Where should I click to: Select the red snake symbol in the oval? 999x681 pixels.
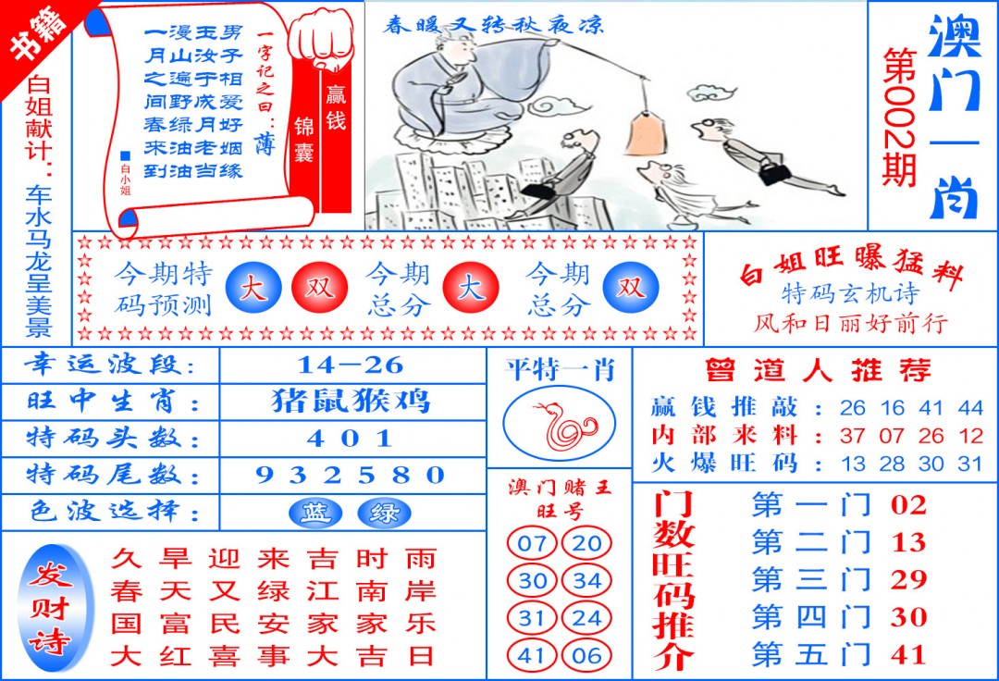pyautogui.click(x=559, y=426)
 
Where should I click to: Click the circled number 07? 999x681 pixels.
pyautogui.click(x=532, y=543)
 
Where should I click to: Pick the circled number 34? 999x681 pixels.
pyautogui.click(x=586, y=581)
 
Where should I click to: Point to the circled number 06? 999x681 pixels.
pyautogui.click(x=586, y=656)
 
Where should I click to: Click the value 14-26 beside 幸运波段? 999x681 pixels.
pyautogui.click(x=351, y=365)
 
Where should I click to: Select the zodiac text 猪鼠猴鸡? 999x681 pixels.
pyautogui.click(x=351, y=402)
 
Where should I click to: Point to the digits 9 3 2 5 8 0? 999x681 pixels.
pyautogui.click(x=351, y=476)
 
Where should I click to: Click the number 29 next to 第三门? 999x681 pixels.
pyautogui.click(x=908, y=579)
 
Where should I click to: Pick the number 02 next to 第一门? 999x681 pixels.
pyautogui.click(x=908, y=505)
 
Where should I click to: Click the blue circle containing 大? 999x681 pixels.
pyautogui.click(x=253, y=289)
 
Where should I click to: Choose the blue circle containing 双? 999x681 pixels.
pyautogui.click(x=631, y=288)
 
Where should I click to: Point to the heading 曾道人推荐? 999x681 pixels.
pyautogui.click(x=817, y=371)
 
